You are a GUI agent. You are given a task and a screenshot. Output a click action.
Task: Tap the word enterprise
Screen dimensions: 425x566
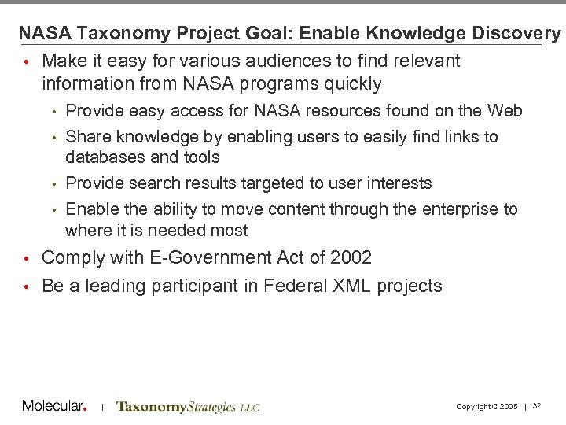coord(463,209)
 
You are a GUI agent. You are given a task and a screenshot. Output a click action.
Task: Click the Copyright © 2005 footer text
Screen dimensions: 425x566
coord(487,406)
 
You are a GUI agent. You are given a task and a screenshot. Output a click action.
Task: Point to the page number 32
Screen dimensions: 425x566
coord(537,406)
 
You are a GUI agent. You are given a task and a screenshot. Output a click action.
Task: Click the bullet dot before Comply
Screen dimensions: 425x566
coord(26,259)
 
